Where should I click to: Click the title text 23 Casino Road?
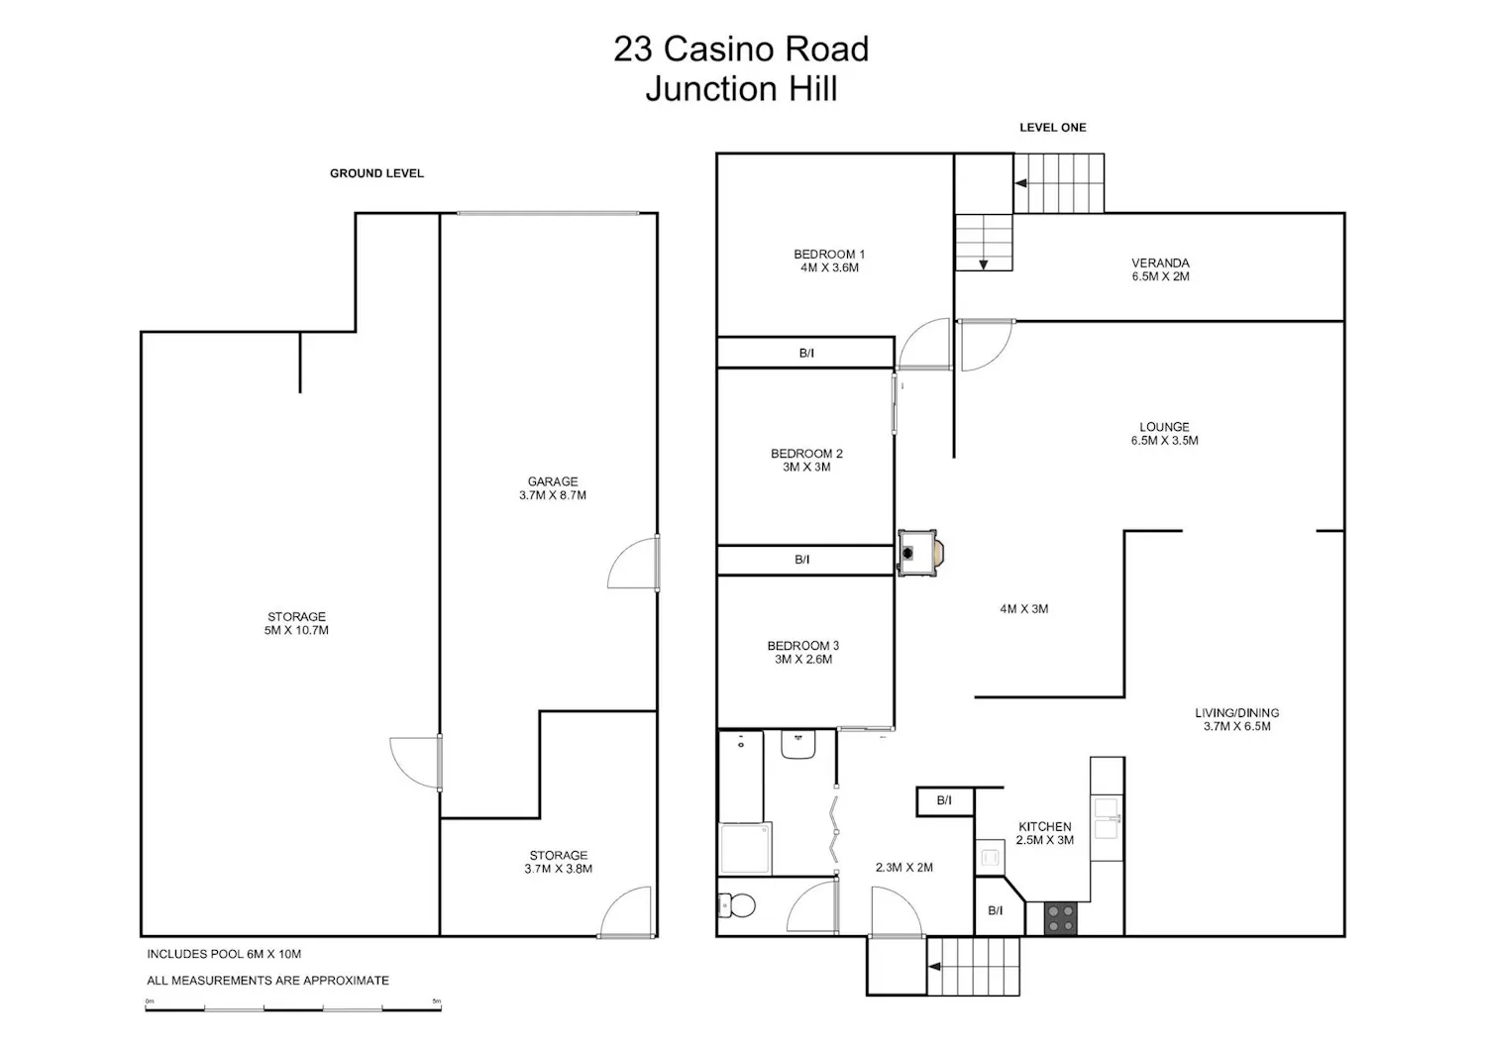[x=741, y=50]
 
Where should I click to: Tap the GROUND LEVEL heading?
[x=376, y=173]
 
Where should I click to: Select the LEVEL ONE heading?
[x=1053, y=128]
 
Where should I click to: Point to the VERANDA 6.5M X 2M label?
[x=1160, y=269]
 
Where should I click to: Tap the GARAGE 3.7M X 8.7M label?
[x=553, y=488]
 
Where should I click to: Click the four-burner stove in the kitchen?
[x=1061, y=919]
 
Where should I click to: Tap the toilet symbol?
[x=736, y=905]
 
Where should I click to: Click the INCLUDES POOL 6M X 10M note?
[x=224, y=954]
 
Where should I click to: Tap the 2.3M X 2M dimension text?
[x=904, y=867]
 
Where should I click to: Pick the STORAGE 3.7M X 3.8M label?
[x=558, y=862]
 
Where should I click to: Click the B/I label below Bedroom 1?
[x=806, y=353]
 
